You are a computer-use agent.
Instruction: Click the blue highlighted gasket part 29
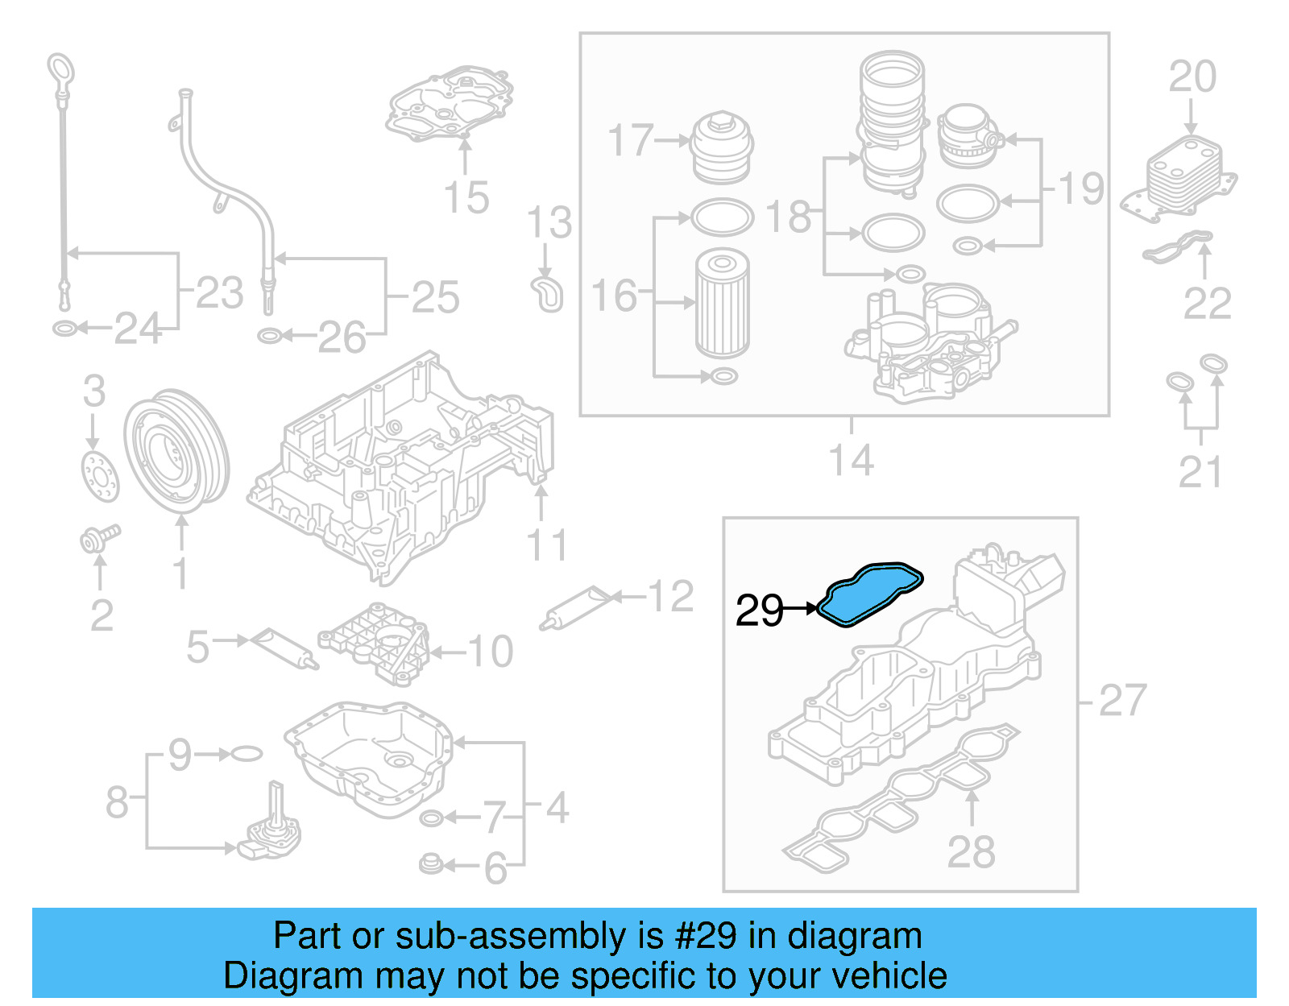(x=869, y=593)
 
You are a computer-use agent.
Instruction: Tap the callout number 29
(x=758, y=611)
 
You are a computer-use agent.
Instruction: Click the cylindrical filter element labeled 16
(x=722, y=303)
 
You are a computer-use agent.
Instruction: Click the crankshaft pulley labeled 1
(x=176, y=451)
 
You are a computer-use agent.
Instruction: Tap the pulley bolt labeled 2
(x=100, y=537)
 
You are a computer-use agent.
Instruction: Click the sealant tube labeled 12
(x=578, y=608)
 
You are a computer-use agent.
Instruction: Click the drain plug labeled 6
(x=431, y=865)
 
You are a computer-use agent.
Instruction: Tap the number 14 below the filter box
(x=851, y=461)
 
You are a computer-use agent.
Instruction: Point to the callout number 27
(x=1121, y=700)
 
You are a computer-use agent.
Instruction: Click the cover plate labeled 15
(x=451, y=105)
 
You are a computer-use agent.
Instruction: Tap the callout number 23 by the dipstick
(x=219, y=293)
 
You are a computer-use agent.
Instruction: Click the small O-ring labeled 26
(x=270, y=335)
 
